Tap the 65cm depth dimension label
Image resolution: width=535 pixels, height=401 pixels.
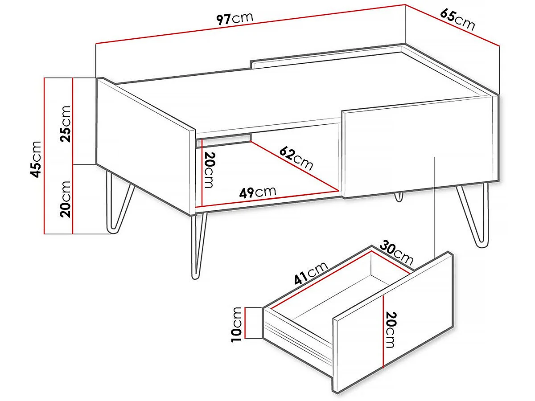(457, 20)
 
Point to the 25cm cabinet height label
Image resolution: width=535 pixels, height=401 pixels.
(66, 123)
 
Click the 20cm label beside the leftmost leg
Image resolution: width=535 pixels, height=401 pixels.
(66, 199)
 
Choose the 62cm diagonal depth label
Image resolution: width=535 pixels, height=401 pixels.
(296, 158)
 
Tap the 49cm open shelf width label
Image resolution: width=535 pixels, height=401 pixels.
(258, 192)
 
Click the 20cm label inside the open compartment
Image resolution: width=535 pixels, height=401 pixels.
(210, 170)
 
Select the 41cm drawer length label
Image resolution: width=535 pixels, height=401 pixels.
(311, 273)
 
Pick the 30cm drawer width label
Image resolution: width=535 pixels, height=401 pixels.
(396, 252)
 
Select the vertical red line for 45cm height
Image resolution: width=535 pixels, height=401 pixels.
(45, 156)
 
